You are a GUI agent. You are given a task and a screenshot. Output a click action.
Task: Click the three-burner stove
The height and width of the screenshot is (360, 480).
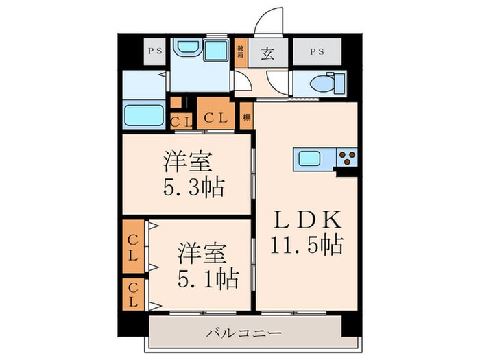coord(346,158)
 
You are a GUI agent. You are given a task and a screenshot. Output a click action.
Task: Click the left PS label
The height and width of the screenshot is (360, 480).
coord(155,50)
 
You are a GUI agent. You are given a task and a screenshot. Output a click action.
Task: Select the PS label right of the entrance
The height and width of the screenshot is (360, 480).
coord(317,51)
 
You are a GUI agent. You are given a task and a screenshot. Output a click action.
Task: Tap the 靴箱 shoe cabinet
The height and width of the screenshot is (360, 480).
coord(241,54)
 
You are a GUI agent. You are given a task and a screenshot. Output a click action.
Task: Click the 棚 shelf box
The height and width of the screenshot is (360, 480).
coord(246,117)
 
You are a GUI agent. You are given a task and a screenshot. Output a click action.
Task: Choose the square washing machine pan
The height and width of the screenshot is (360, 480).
coord(217,50)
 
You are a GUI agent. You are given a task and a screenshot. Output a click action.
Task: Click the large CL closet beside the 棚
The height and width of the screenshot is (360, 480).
coord(215,117)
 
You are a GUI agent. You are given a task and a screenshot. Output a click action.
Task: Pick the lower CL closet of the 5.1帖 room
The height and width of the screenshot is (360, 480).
coord(133,293)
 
